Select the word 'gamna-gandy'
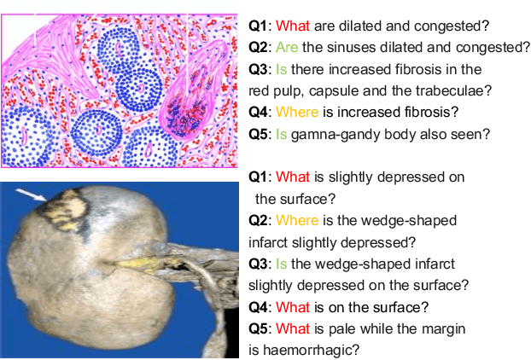click(330, 134)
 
